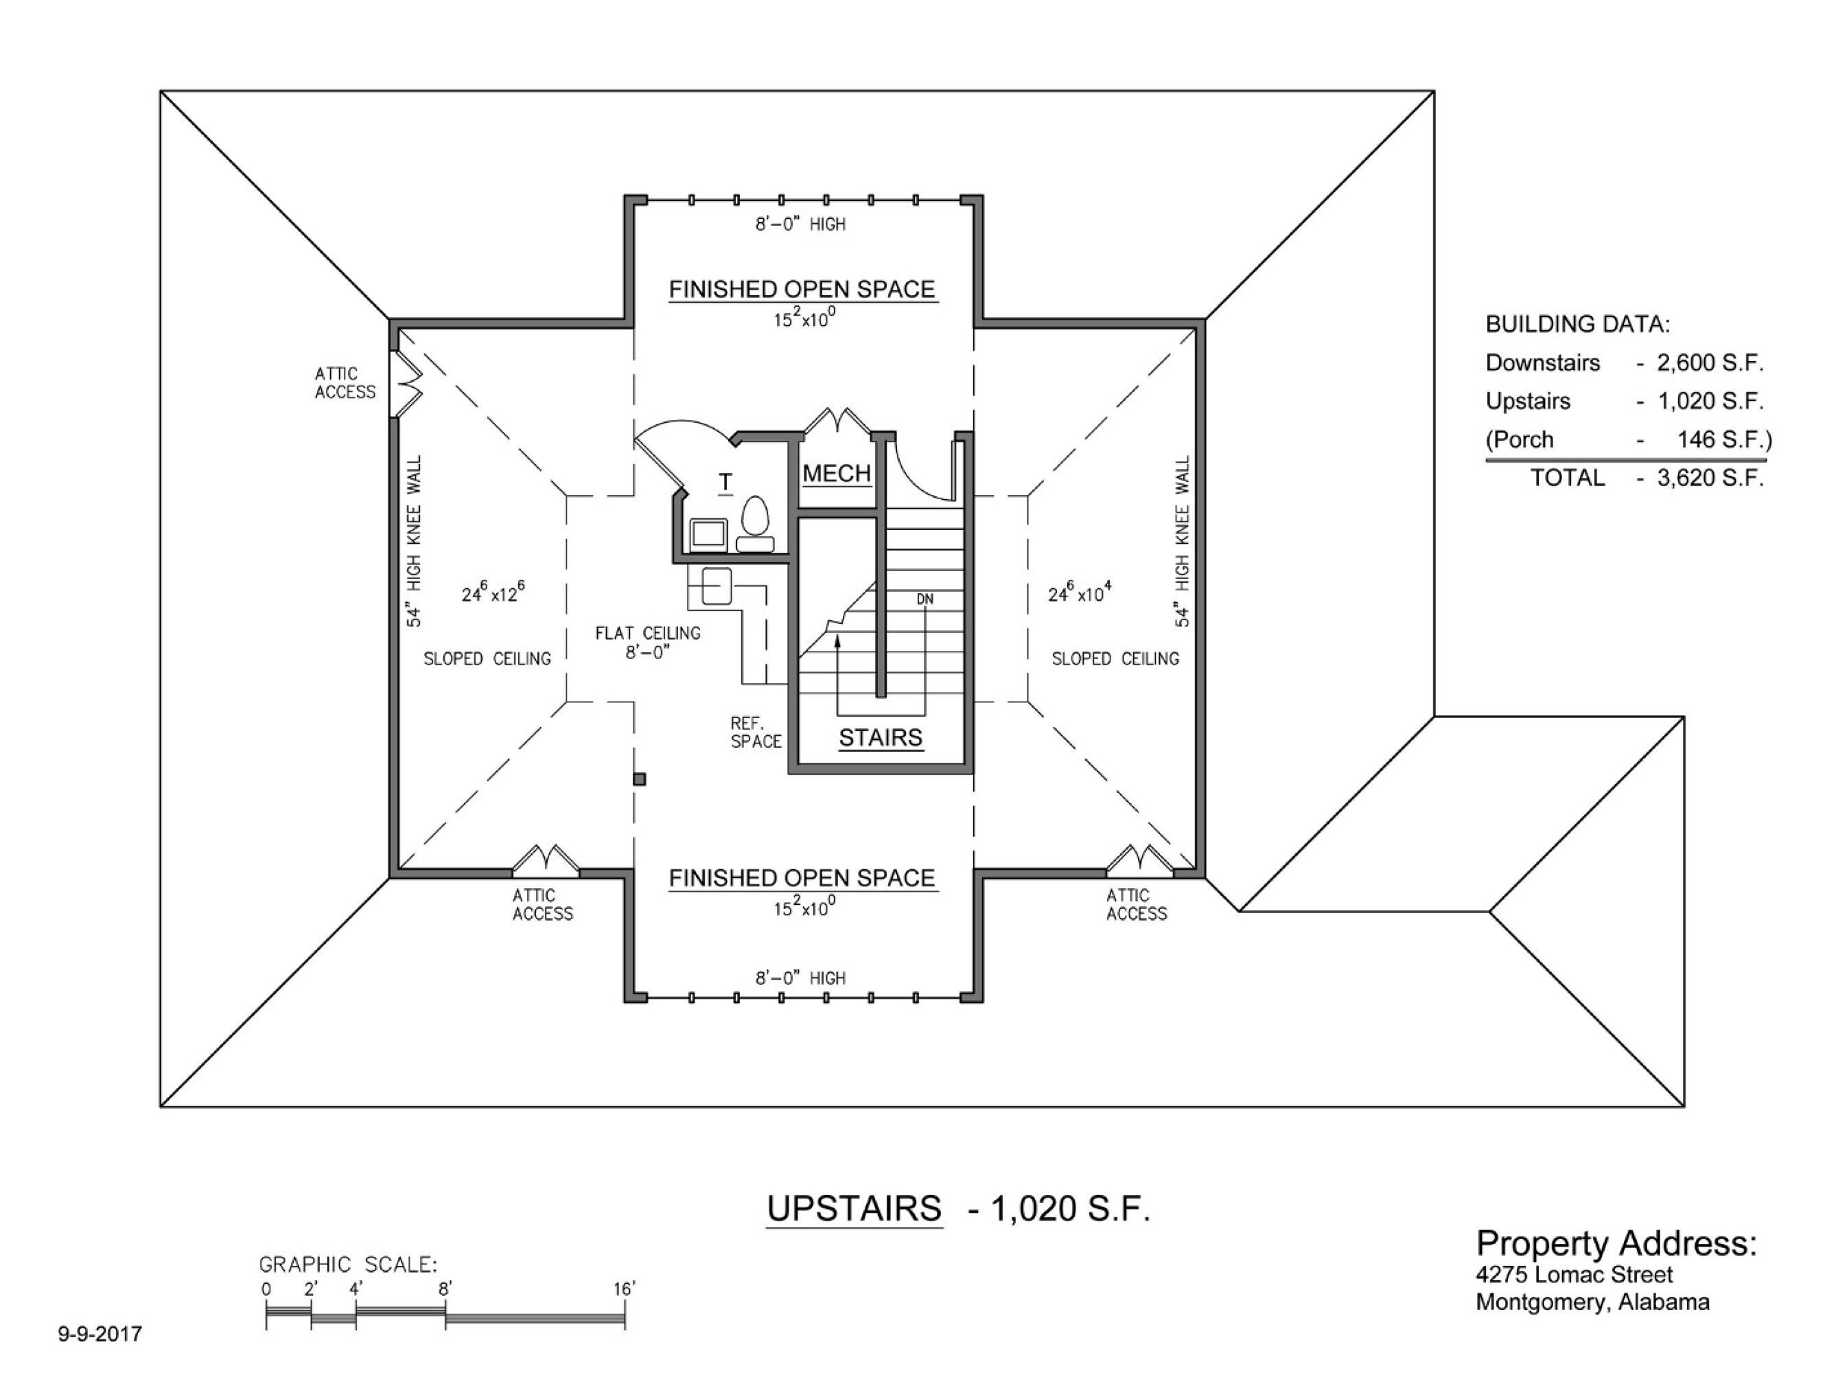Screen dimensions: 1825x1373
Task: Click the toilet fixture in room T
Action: [x=755, y=523]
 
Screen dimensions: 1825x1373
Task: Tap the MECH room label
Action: [x=837, y=474]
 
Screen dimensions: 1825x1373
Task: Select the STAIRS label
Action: [x=881, y=738]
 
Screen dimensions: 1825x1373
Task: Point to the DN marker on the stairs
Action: [x=925, y=599]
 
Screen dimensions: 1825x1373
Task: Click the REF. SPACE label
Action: [x=756, y=732]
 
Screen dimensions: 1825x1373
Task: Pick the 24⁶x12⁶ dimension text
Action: [x=493, y=592]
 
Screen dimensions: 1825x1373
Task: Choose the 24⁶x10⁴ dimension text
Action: [x=1080, y=592]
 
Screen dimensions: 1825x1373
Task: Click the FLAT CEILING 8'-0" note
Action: [x=648, y=642]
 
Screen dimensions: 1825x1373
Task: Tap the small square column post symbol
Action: [x=640, y=779]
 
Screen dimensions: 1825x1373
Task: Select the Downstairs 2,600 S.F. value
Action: [x=1710, y=363]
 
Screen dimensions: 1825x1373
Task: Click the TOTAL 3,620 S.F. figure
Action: [x=1710, y=478]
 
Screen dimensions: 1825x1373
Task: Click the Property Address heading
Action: [x=1616, y=1243]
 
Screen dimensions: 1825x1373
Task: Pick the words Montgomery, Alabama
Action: [x=1592, y=1303]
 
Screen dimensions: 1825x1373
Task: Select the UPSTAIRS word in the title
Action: [x=854, y=1209]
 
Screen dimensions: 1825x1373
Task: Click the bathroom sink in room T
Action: [x=708, y=535]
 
